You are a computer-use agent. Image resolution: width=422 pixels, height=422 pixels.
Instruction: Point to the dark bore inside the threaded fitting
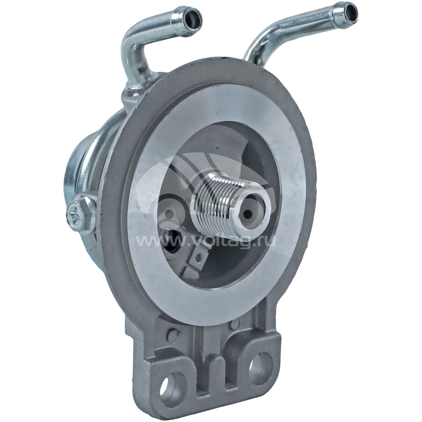point(248,214)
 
